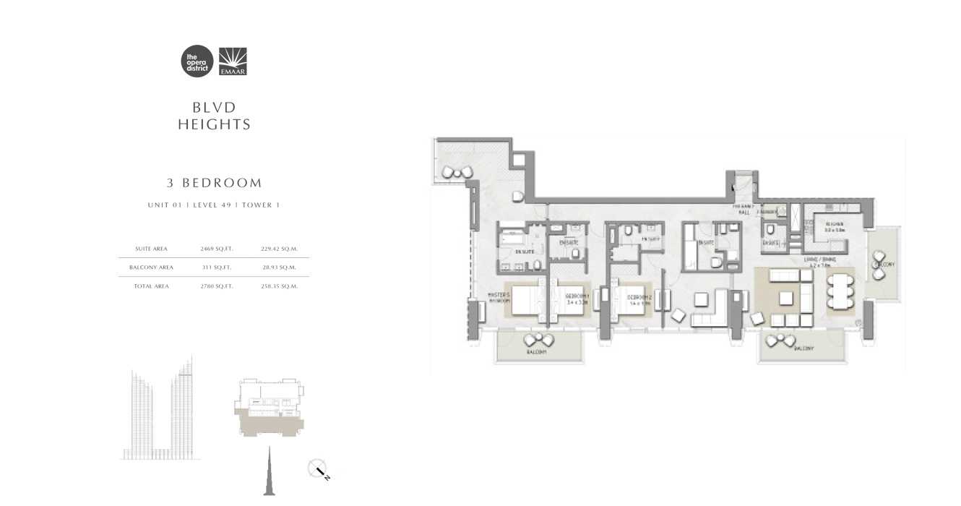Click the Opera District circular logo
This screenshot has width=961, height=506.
pyautogui.click(x=197, y=61)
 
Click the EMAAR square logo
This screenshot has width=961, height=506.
pyautogui.click(x=232, y=61)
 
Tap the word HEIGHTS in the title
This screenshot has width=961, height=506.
pyautogui.click(x=214, y=124)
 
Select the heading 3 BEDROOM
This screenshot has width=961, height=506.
pyautogui.click(x=214, y=183)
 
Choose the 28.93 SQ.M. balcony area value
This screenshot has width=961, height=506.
pyautogui.click(x=280, y=267)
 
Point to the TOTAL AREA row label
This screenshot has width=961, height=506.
pyautogui.click(x=151, y=286)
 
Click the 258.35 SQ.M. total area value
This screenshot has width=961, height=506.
pyautogui.click(x=280, y=286)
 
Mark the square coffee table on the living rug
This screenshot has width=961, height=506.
pyautogui.click(x=785, y=298)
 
